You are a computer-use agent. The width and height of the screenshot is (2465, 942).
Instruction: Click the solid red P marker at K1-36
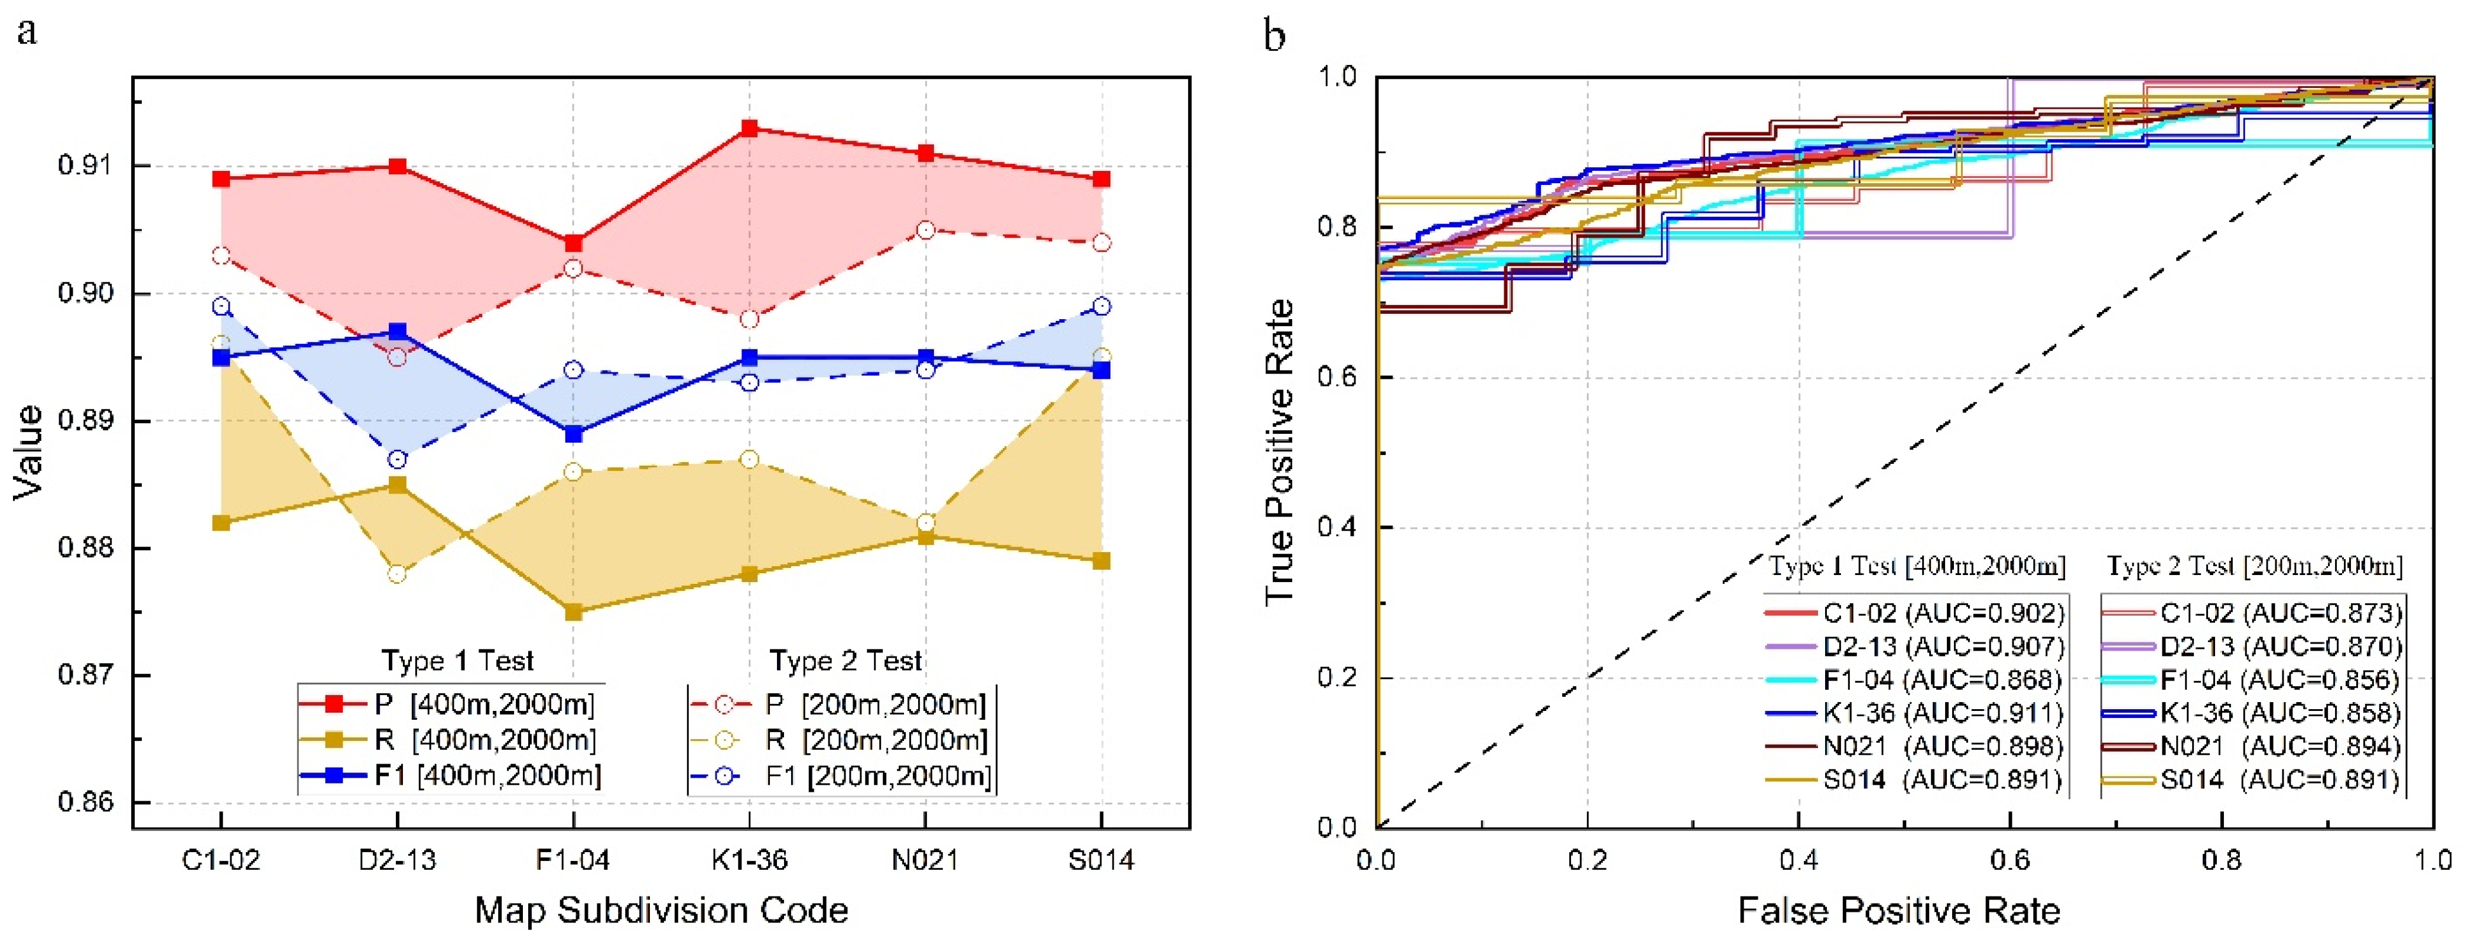(x=749, y=128)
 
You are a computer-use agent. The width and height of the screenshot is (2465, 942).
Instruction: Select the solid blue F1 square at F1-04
(x=573, y=434)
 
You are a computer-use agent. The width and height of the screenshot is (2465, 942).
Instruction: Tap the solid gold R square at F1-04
(x=573, y=612)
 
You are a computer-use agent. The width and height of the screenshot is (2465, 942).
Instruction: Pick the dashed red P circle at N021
(x=925, y=230)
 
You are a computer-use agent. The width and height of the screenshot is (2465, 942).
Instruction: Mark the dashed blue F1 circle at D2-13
(x=397, y=460)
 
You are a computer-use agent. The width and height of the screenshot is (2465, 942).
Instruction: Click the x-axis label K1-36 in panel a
(x=749, y=860)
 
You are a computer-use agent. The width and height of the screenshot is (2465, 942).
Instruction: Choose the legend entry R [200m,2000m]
(x=877, y=740)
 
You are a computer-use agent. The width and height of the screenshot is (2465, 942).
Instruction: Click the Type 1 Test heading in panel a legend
(x=457, y=661)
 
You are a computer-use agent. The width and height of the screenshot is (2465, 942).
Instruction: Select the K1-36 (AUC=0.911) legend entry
(x=1943, y=713)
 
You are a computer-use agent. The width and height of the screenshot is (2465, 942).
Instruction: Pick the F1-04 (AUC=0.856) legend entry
(x=2279, y=680)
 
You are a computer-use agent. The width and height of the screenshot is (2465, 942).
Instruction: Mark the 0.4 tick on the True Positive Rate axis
(x=1338, y=528)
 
